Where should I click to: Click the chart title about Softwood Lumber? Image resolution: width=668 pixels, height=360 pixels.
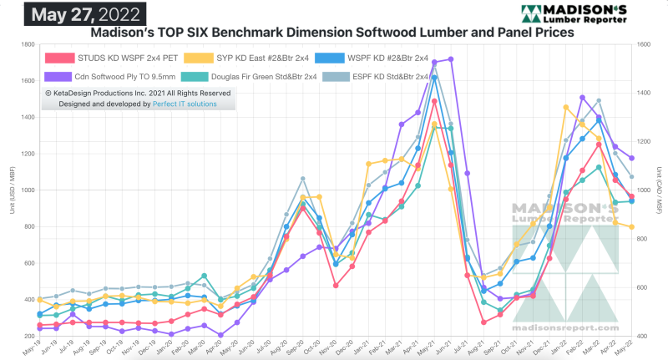pos(331,33)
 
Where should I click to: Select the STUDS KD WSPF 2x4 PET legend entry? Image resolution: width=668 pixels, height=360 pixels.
pos(118,58)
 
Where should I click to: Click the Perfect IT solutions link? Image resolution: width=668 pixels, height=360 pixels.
pos(185,104)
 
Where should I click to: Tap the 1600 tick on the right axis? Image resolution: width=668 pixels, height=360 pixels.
pos(642,44)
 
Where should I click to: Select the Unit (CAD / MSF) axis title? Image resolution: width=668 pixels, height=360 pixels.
pos(659,190)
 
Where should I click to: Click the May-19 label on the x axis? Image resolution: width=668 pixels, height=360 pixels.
pos(33,347)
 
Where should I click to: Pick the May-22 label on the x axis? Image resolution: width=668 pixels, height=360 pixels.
pos(630,347)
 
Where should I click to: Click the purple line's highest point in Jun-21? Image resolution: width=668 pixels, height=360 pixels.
pos(451,59)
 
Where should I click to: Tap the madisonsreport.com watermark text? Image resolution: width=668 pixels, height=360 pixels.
pos(564,330)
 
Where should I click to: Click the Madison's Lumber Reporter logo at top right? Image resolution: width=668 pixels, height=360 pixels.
pos(584,13)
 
